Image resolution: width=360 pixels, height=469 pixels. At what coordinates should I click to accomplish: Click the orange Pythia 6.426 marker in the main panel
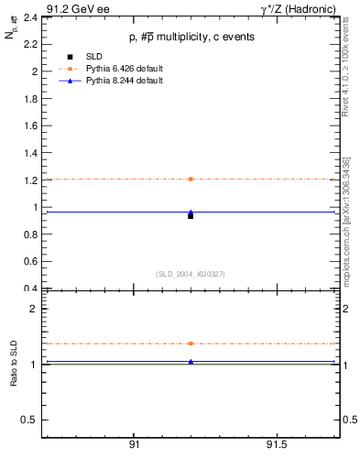click(x=191, y=179)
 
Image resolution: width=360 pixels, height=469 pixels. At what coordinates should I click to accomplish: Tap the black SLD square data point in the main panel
click(x=191, y=216)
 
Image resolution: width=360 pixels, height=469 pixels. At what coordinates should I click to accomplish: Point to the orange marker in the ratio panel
click(x=191, y=344)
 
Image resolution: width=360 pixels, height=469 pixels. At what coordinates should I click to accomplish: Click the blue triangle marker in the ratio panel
click(x=191, y=362)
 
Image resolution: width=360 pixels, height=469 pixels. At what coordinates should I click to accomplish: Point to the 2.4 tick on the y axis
click(x=30, y=17)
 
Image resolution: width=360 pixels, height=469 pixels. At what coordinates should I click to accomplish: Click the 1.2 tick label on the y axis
click(x=30, y=180)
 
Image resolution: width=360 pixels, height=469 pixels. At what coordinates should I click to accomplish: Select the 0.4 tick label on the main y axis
click(x=30, y=289)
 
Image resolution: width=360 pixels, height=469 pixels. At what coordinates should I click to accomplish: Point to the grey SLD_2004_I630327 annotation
click(x=191, y=274)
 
